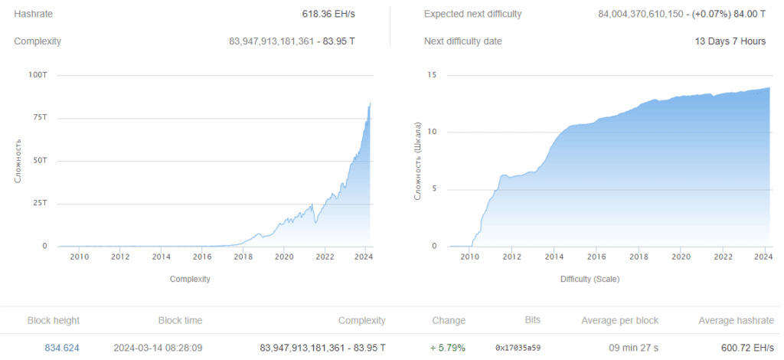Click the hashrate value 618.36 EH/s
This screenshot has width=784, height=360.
(328, 15)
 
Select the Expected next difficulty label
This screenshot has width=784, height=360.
(472, 15)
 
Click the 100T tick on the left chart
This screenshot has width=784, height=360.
(37, 75)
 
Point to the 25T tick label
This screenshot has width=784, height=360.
(39, 204)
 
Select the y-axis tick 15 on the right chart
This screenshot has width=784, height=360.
(432, 75)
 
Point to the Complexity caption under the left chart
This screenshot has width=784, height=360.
(190, 280)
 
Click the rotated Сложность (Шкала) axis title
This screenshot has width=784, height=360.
(419, 161)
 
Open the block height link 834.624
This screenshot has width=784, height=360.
(62, 348)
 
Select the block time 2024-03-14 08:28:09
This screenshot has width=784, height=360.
(158, 348)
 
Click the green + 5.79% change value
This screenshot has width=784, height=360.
(448, 348)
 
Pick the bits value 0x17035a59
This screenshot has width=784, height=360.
(518, 348)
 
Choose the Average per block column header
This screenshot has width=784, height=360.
(619, 320)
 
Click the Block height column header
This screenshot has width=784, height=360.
(53, 320)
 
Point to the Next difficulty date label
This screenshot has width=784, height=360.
(463, 41)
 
